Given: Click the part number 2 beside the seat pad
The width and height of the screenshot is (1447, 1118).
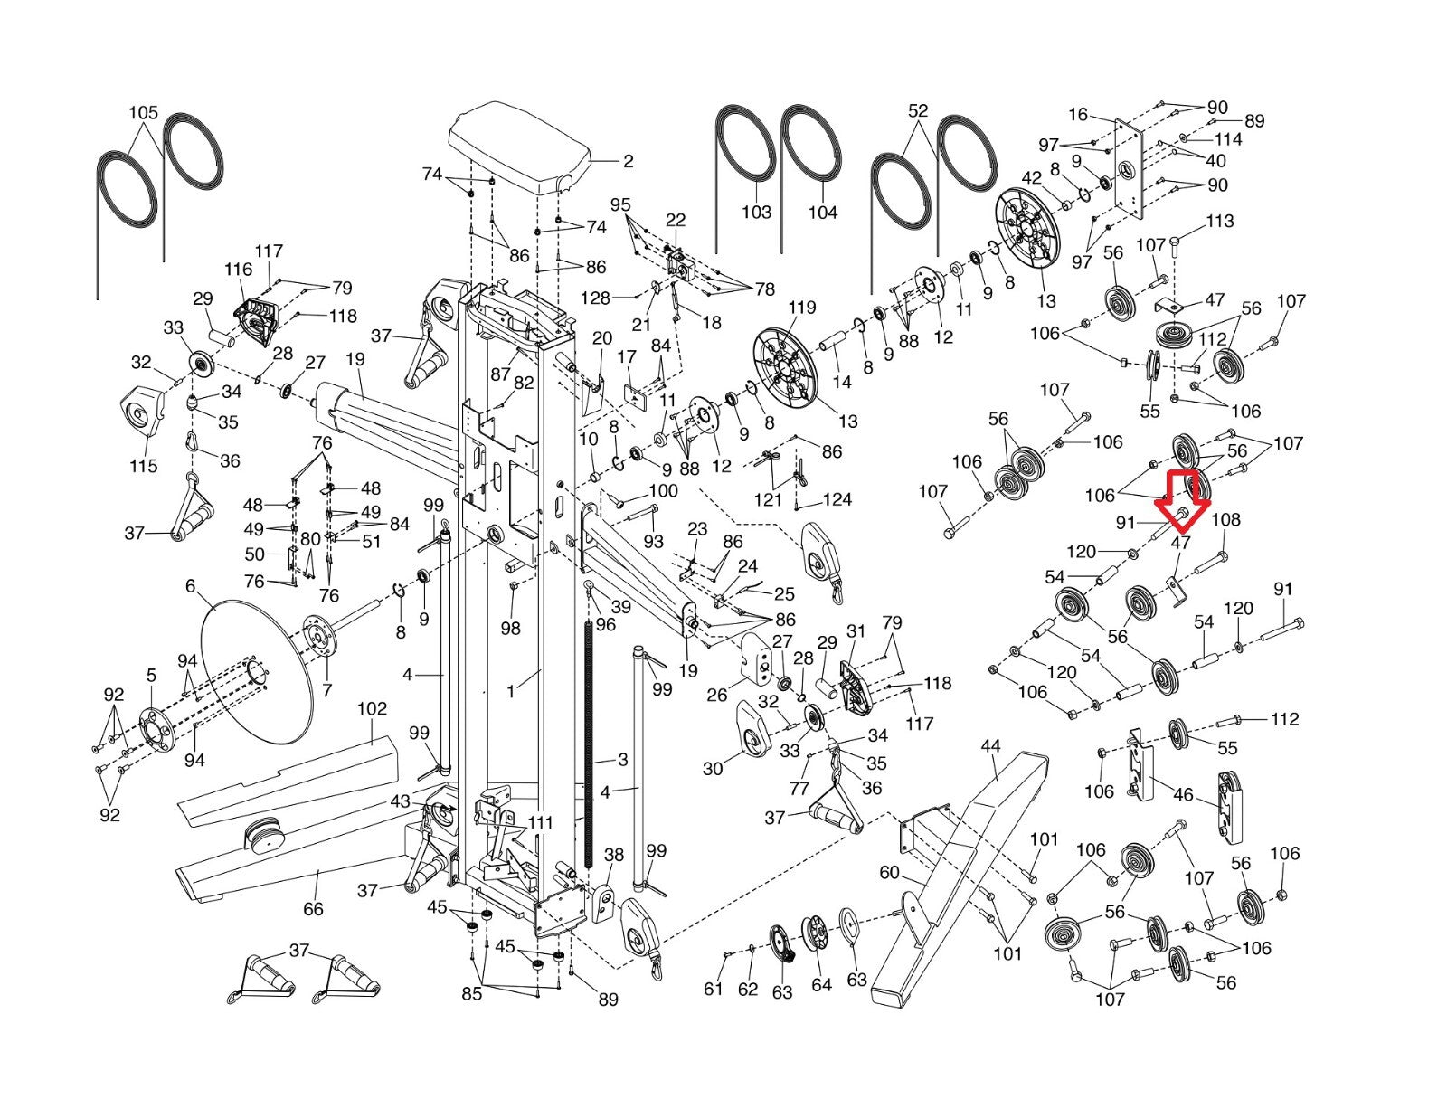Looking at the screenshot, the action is tap(628, 161).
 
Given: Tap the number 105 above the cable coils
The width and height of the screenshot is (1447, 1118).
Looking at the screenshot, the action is tap(143, 112).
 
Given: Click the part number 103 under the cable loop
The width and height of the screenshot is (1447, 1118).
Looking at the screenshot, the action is tap(756, 212).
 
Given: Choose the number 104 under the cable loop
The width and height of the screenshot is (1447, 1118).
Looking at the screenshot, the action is tap(822, 212).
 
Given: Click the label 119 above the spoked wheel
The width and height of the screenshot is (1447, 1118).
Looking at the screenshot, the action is tap(801, 308).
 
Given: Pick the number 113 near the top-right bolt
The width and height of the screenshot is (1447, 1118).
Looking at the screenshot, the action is tap(1219, 221).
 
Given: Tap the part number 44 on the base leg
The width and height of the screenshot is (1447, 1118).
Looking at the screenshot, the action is tap(990, 746).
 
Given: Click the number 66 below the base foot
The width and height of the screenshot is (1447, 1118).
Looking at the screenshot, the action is tap(313, 908).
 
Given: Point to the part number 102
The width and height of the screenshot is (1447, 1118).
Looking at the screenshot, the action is tap(372, 708).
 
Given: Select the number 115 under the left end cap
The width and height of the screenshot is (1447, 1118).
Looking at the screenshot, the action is tap(143, 466).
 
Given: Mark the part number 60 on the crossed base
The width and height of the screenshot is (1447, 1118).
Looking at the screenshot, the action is tap(889, 871).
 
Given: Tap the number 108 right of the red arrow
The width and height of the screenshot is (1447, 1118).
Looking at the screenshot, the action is tap(1226, 519).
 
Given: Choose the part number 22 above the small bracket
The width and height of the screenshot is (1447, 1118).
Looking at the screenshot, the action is tap(676, 220).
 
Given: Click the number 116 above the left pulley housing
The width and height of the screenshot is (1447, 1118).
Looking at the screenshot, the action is tap(238, 269).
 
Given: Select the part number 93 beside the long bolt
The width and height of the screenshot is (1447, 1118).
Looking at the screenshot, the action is tap(653, 541).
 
